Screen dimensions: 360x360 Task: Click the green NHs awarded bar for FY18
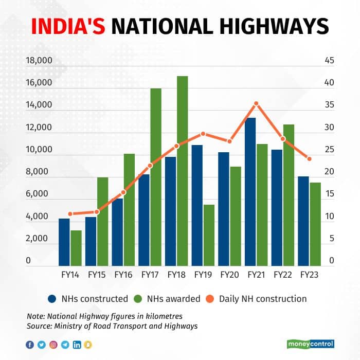(x=182, y=170)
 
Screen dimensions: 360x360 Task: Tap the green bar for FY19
(x=209, y=235)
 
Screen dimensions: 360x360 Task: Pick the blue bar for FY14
(x=64, y=242)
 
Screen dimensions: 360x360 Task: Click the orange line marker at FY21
(x=256, y=104)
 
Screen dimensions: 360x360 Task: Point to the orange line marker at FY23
(x=309, y=158)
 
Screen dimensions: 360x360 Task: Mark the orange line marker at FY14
(x=70, y=213)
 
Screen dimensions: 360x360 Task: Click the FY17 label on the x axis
(x=150, y=275)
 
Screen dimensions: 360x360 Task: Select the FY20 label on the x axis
(x=229, y=275)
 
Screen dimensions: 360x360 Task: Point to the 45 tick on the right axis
(x=329, y=61)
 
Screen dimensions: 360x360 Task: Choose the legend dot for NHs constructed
(x=52, y=299)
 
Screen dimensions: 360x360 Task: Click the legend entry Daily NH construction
(x=263, y=299)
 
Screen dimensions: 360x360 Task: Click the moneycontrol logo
(x=310, y=344)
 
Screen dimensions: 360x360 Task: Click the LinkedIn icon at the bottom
(x=77, y=345)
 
